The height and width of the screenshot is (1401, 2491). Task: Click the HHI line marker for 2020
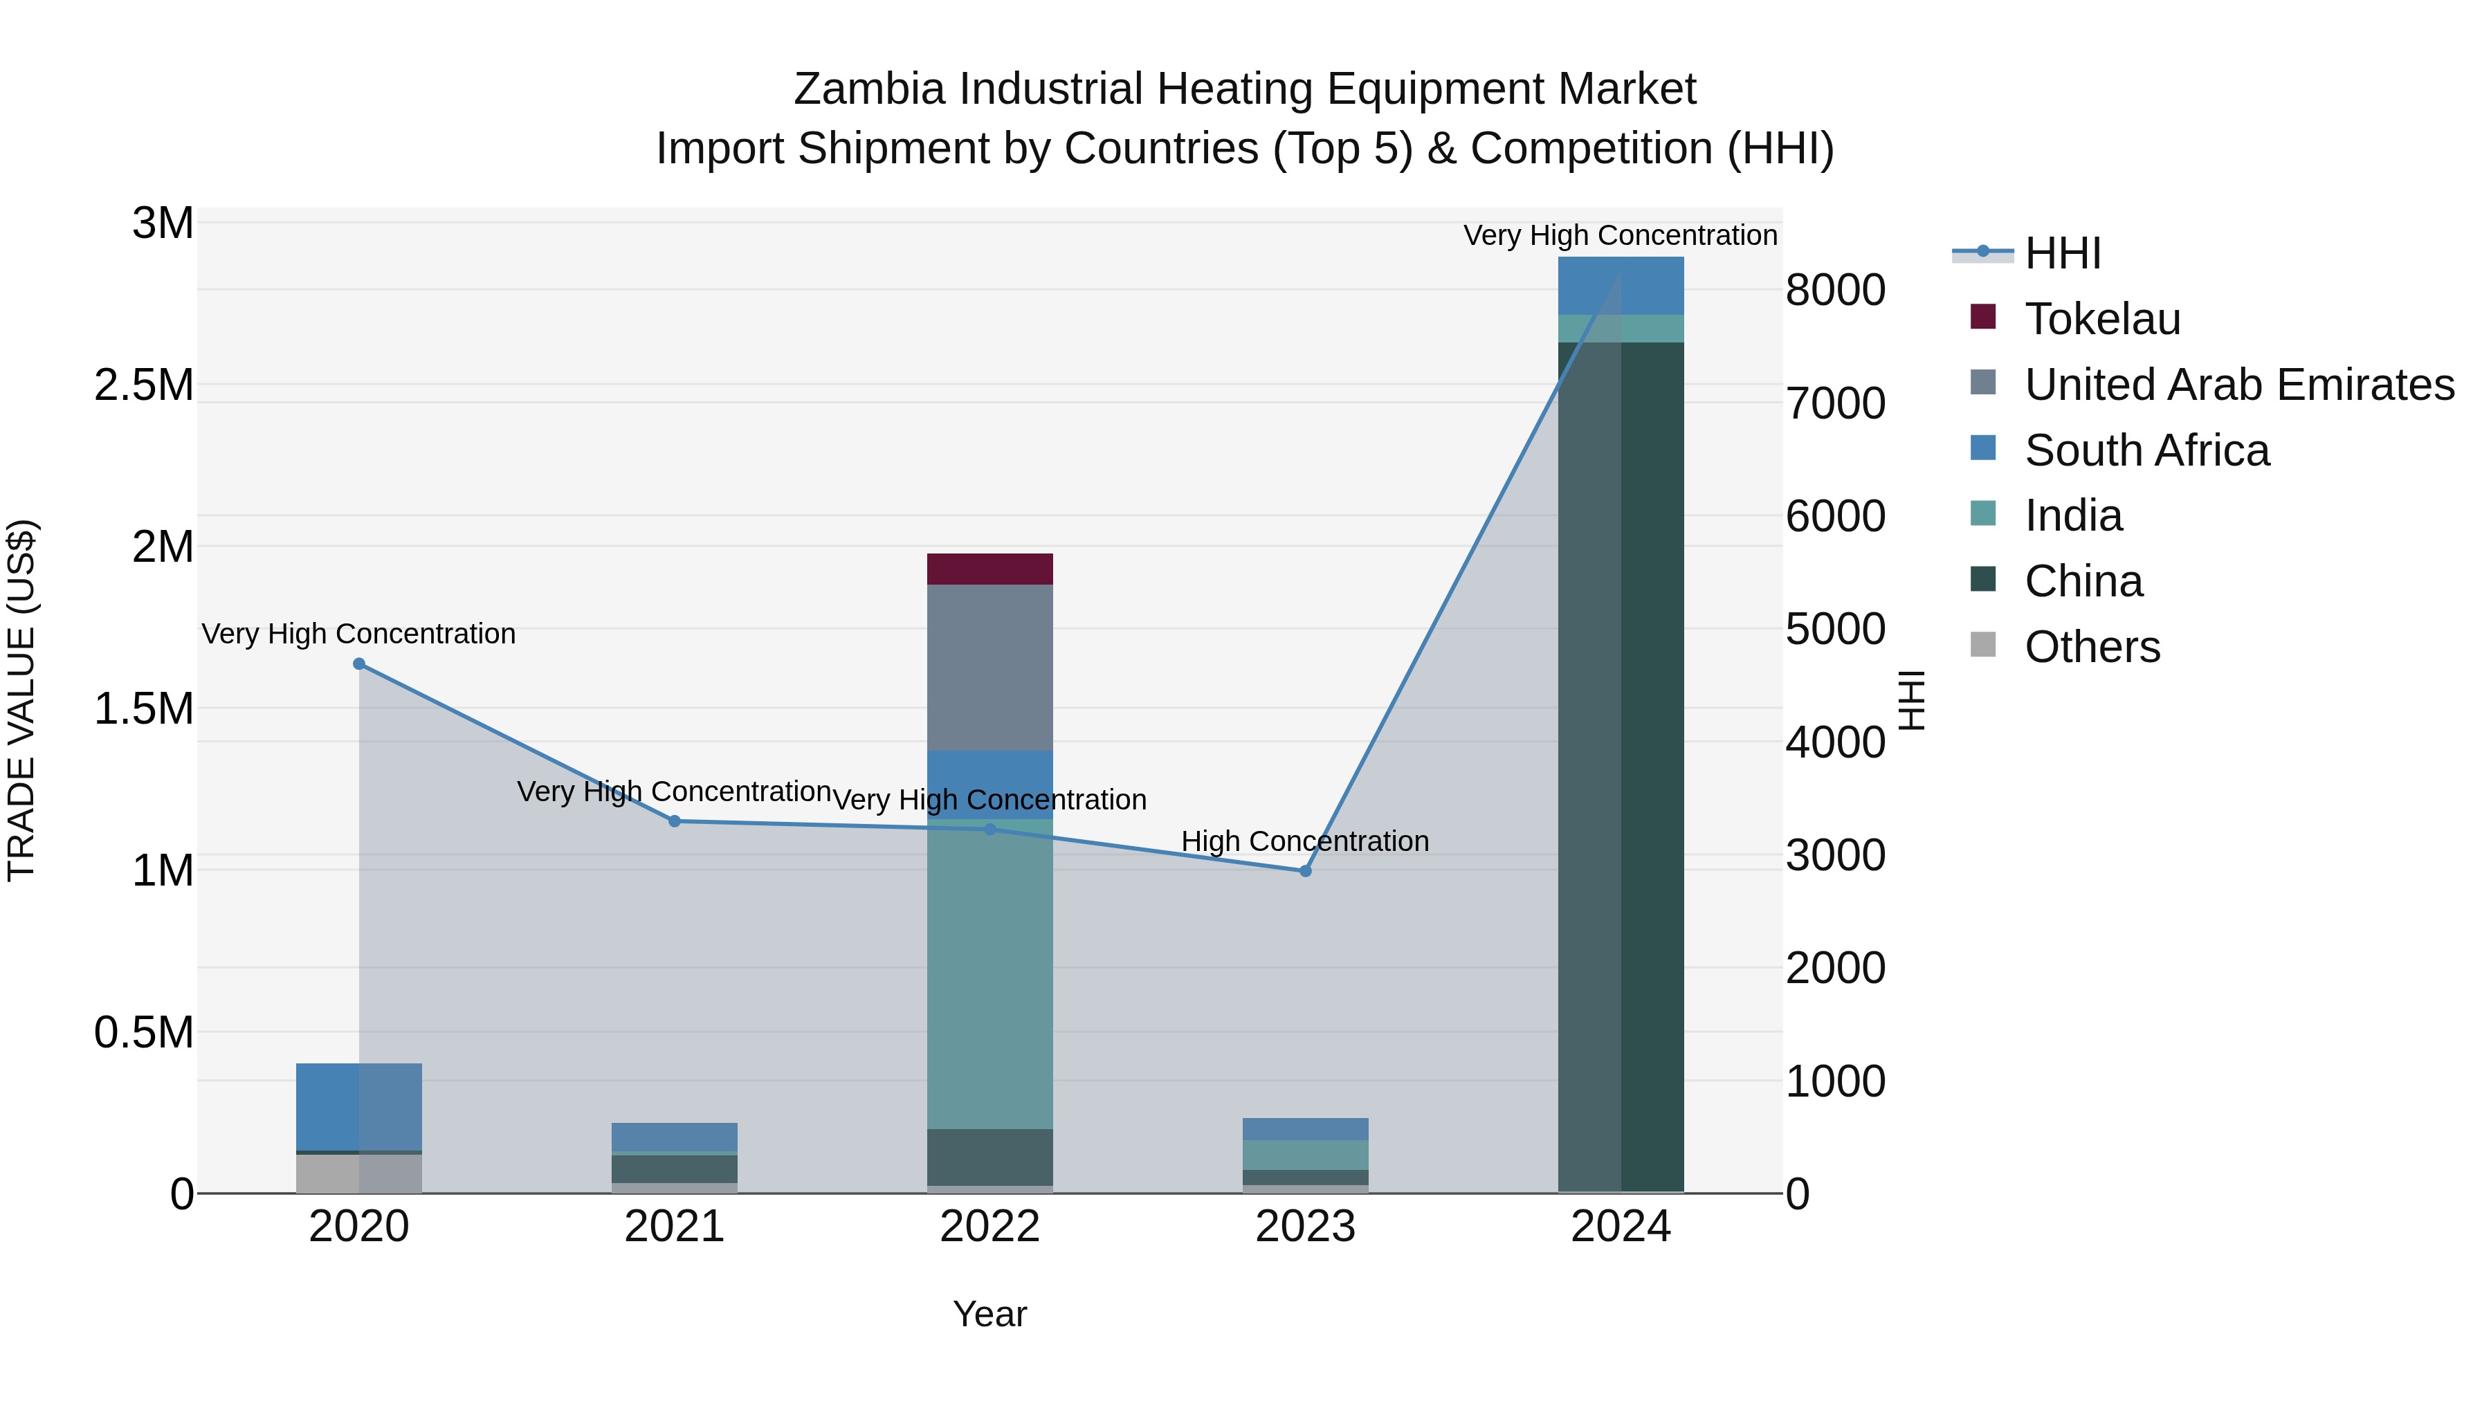click(358, 664)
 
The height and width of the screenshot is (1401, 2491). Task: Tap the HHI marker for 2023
click(1306, 871)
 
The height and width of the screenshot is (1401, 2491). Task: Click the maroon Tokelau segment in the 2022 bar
click(989, 569)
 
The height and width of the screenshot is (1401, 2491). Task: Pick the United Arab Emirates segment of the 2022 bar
click(989, 667)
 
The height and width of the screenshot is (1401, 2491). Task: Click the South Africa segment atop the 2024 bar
click(1621, 285)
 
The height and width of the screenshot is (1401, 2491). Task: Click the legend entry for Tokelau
click(2102, 319)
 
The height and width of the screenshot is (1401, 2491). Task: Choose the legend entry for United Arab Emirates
click(2238, 385)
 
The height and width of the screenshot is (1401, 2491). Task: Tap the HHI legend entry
click(2062, 253)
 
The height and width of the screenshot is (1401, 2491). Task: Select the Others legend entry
click(2092, 647)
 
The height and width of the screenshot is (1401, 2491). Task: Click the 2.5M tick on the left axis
click(144, 385)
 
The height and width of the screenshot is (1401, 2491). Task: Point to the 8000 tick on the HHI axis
click(1834, 290)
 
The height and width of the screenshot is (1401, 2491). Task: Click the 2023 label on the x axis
click(1306, 1227)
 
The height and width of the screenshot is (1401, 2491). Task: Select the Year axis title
click(989, 1314)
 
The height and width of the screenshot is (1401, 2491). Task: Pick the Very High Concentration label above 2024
click(1620, 236)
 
